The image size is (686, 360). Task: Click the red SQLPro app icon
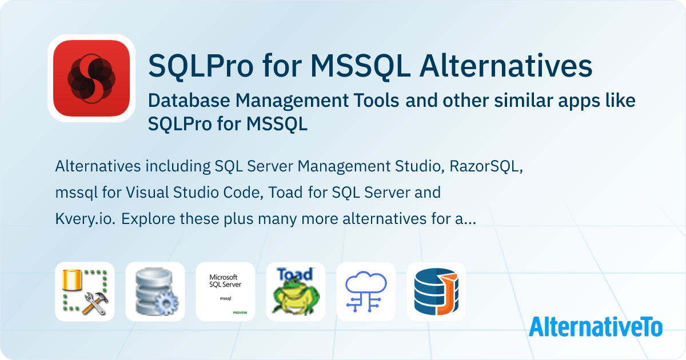pyautogui.click(x=91, y=78)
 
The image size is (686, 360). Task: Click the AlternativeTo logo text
pyautogui.click(x=595, y=326)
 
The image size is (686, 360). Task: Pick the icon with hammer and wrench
pyautogui.click(x=85, y=291)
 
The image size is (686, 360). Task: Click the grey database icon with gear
pyautogui.click(x=155, y=291)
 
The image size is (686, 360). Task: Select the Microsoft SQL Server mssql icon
pyautogui.click(x=225, y=291)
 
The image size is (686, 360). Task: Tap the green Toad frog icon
pyautogui.click(x=296, y=291)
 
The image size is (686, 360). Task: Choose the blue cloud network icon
pyautogui.click(x=366, y=291)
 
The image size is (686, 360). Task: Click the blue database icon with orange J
pyautogui.click(x=436, y=291)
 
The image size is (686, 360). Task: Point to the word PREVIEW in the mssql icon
pyautogui.click(x=240, y=314)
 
